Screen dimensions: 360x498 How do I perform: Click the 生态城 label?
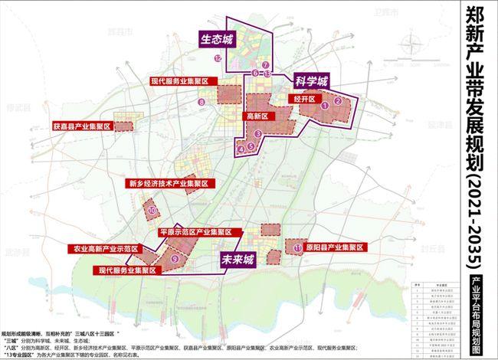218,38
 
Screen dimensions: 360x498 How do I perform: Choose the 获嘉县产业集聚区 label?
82,124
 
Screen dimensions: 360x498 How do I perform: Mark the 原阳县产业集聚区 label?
332,248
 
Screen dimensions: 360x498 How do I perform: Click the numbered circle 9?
175,260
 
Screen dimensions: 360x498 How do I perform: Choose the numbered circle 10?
152,209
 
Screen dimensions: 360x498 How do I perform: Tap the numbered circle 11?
297,248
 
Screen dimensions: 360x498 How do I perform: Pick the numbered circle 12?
218,57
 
